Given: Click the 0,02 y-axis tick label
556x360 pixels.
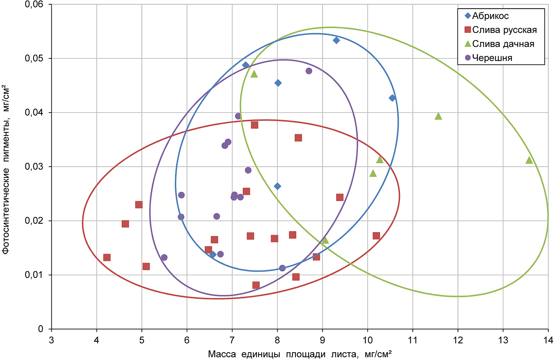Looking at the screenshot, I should [34, 221].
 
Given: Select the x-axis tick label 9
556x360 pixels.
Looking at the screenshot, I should [322, 340].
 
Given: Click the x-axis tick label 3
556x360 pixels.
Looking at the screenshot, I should [51, 340].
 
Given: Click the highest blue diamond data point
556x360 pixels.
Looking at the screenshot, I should [336, 40].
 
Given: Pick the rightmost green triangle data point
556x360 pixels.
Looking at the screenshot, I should [529, 160].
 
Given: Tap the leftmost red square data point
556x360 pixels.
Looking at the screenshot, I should [107, 257].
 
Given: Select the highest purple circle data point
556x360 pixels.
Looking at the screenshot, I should [309, 71].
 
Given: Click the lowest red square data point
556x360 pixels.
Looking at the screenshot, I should [256, 285].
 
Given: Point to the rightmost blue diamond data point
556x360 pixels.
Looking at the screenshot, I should [392, 98].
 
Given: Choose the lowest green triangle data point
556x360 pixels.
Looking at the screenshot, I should [325, 240].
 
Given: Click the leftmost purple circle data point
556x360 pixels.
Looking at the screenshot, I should [164, 257].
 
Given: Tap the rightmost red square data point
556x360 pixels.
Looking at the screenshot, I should [376, 236].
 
